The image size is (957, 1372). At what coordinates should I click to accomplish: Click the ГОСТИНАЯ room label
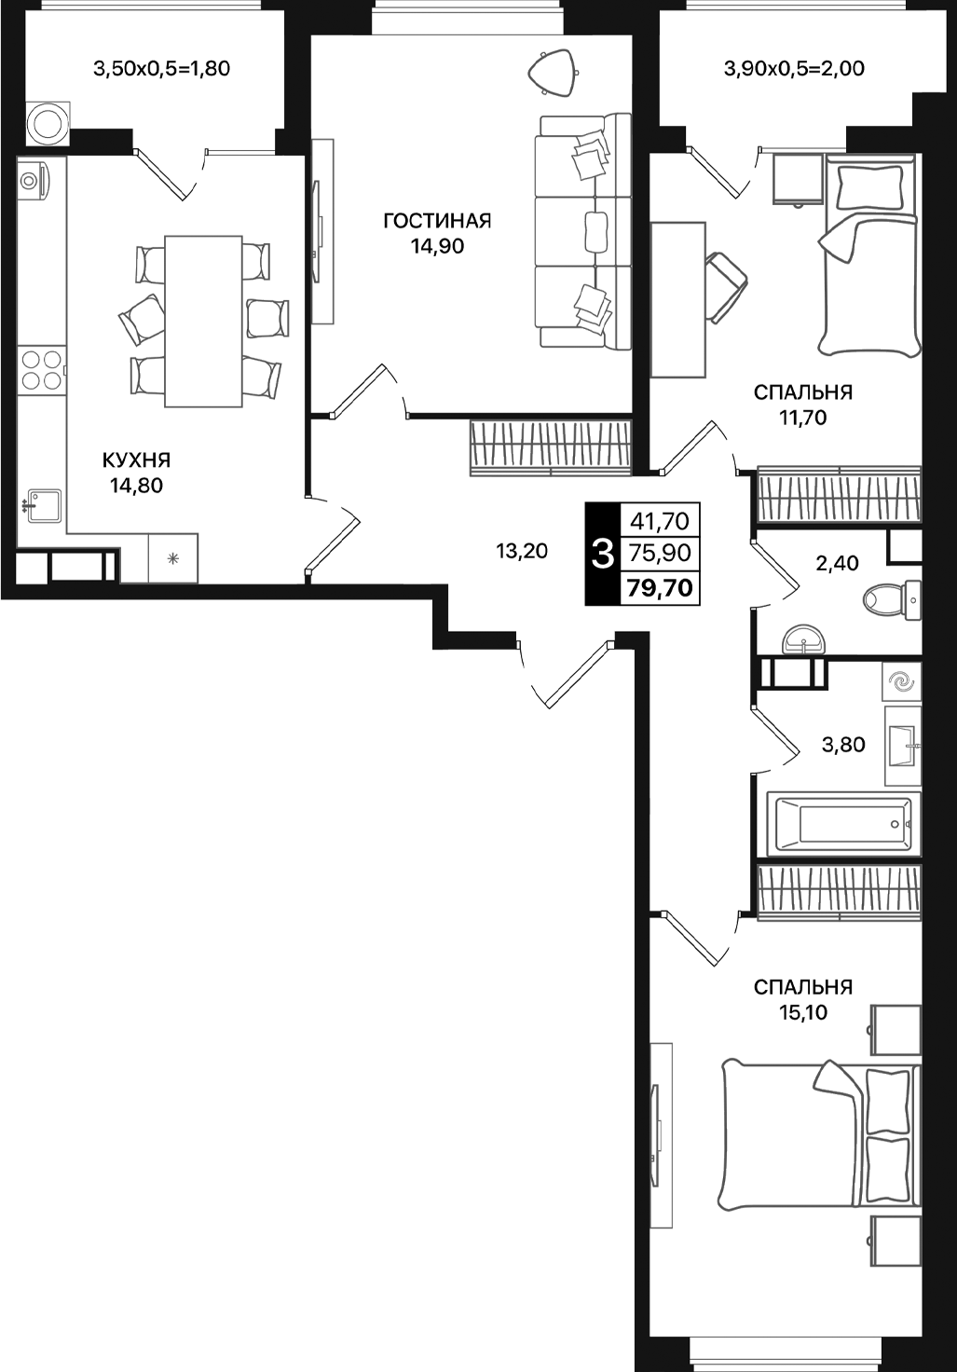pos(437,221)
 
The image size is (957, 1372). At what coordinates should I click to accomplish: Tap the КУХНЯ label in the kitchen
pos(136,460)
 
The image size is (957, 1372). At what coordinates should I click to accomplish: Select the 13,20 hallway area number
pos(522,551)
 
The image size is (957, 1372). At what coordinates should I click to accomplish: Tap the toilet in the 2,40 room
pos(890,597)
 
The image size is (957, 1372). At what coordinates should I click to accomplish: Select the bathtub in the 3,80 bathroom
pos(843,824)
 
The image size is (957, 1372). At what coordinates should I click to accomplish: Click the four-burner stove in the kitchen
pos(42,368)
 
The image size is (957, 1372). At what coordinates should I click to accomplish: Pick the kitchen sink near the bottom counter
pos(43,506)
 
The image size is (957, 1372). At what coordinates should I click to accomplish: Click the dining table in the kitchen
pos(203,322)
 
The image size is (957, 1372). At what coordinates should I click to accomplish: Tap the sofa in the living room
pos(582,230)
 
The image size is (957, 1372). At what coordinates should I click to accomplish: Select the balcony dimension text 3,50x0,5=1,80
pos(162,68)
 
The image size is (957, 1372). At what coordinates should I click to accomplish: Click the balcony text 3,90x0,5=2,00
pos(794,68)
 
